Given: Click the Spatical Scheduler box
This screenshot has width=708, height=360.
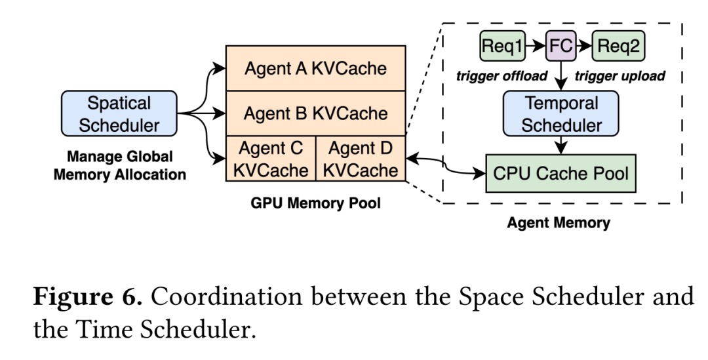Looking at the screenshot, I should pos(119,113).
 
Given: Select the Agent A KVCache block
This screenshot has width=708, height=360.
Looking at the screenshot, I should pos(315,68).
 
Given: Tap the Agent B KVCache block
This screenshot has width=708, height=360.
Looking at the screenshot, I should pos(315,113).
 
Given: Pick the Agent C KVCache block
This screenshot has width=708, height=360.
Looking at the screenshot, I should pos(271,159).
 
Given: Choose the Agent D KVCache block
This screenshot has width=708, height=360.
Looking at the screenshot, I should pos(361,159).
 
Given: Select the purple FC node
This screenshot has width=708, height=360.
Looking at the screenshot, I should pos(561,46).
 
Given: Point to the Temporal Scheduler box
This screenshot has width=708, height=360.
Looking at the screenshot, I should pos(561,113).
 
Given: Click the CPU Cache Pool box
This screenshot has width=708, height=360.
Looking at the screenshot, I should pos(560,174).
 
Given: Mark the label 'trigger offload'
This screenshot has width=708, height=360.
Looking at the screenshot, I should pos(501,76).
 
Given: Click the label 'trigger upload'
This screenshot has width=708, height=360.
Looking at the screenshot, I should pos(620,76).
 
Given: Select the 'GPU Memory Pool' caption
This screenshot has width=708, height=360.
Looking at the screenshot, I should pos(315,203).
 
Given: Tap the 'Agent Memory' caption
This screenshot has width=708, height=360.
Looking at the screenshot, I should pos(559,223).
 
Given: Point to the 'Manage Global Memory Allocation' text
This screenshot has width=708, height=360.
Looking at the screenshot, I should pos(119,166).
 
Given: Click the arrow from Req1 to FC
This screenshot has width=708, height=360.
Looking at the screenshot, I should pos(536,46).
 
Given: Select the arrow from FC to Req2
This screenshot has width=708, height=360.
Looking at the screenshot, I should pos(585,46).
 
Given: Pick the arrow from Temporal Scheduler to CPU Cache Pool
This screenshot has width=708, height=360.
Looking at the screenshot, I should pos(561,146).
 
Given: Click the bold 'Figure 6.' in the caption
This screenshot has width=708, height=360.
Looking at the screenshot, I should pos(87,297).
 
